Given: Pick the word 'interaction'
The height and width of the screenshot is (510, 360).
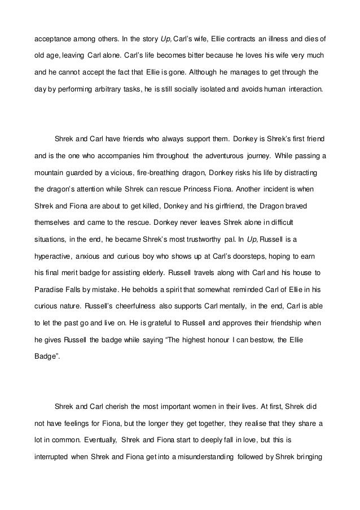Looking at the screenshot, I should click(x=305, y=89).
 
